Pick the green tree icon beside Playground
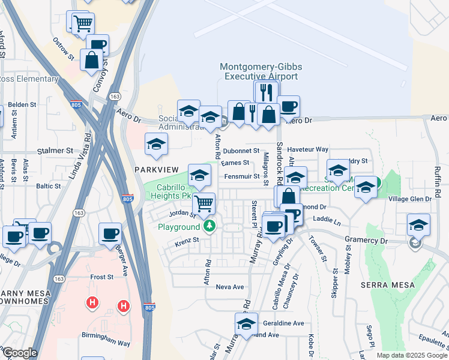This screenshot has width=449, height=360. tap(209, 226)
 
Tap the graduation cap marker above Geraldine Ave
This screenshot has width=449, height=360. tap(246, 324)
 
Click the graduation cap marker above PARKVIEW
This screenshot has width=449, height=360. tap(157, 144)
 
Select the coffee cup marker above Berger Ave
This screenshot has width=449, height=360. tap(110, 233)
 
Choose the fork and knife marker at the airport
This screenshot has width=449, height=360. tap(266, 92)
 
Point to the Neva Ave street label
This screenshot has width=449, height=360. tap(229, 287)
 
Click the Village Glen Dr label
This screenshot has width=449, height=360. tap(410, 199)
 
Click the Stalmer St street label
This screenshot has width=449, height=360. tap(55, 151)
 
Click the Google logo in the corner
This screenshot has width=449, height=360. tap(19, 353)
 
